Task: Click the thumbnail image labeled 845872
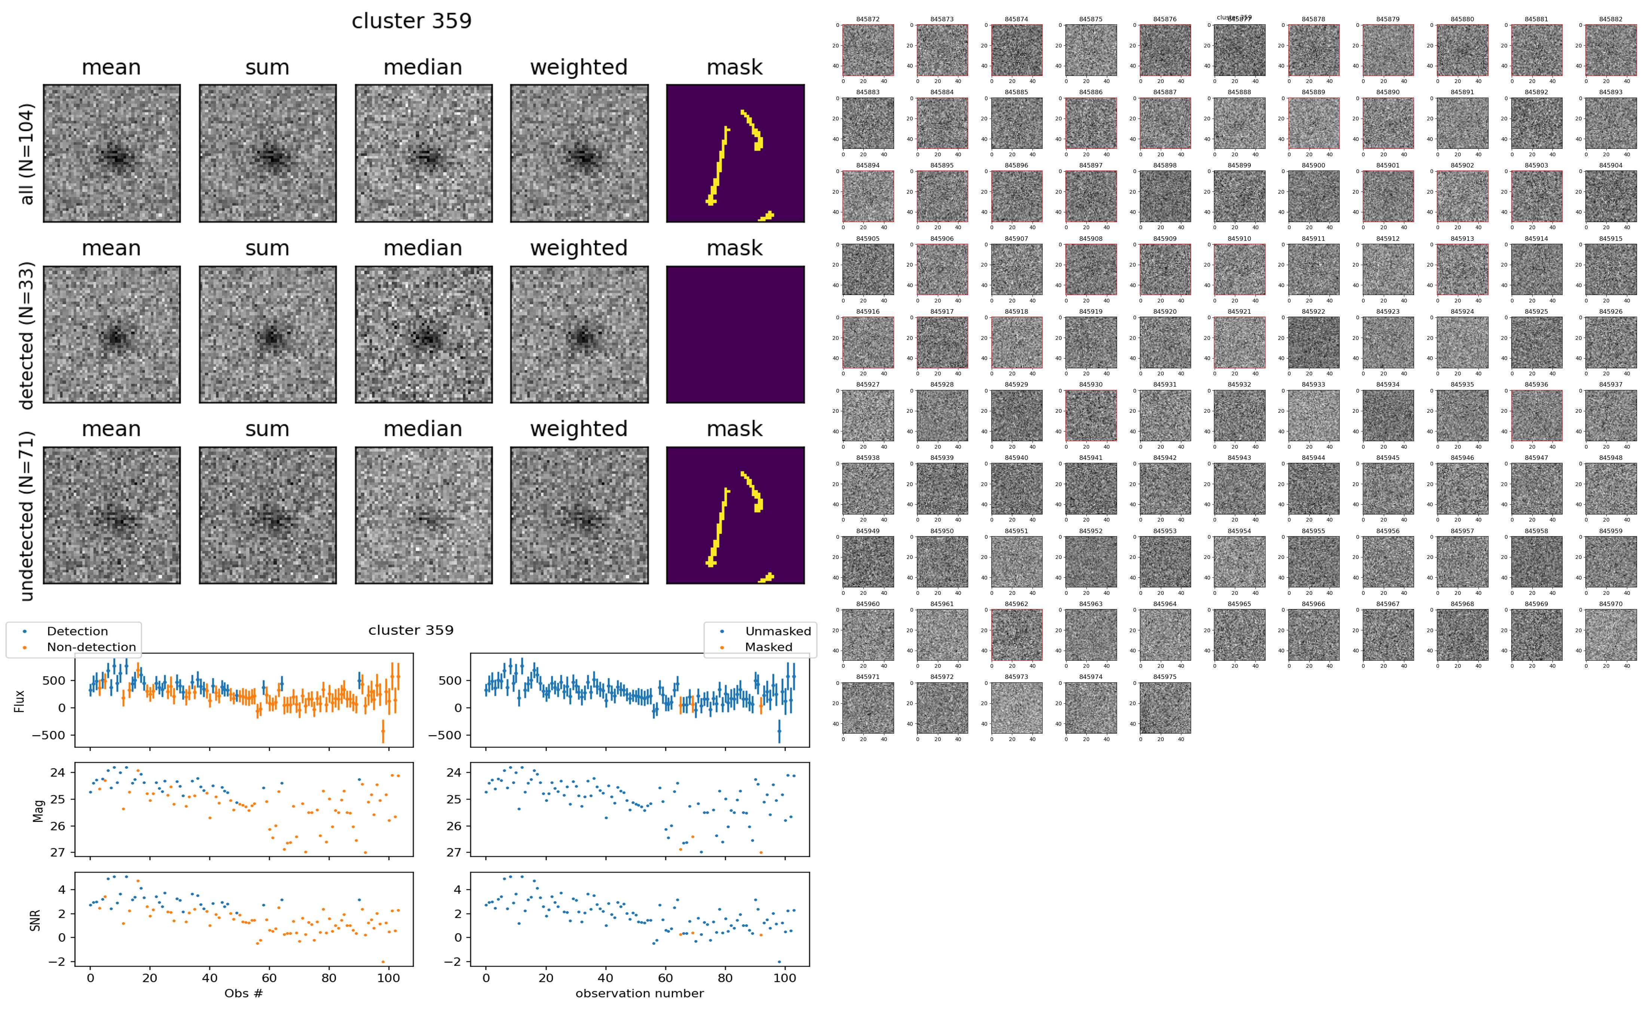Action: (868, 50)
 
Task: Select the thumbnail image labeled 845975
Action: (1165, 707)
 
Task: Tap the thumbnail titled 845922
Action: (1313, 342)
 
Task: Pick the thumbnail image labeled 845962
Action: (1016, 634)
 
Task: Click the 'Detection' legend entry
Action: (77, 631)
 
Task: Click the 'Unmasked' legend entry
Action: (777, 631)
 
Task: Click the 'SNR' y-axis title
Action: (36, 920)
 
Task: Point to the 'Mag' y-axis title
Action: (38, 810)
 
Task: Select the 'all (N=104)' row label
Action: (27, 154)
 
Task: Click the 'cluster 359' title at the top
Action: (411, 21)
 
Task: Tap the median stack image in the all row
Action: (423, 153)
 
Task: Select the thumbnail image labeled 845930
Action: (1090, 415)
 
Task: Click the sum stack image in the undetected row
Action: (267, 516)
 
